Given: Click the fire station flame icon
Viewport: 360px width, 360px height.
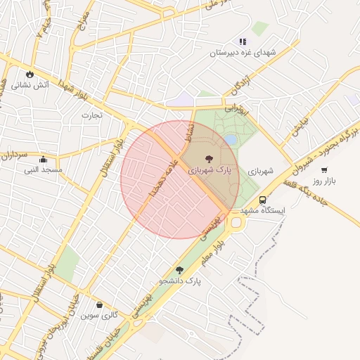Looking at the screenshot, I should [x=30, y=73].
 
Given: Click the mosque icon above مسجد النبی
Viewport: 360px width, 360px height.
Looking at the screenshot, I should [x=44, y=159].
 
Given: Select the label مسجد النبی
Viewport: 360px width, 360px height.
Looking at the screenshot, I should [x=44, y=170].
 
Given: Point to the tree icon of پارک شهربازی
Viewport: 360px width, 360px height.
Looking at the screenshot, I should [x=208, y=160].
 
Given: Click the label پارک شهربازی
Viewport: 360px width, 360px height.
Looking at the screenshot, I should [x=208, y=171].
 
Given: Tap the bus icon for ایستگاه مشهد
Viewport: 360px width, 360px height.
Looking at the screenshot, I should [x=262, y=199].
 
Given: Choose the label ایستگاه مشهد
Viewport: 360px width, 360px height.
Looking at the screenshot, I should [x=262, y=210].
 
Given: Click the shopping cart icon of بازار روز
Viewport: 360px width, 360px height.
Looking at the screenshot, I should [x=324, y=169].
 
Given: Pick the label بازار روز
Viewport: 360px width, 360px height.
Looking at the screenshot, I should [x=326, y=181].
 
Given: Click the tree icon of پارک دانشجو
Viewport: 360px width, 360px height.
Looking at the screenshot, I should [x=179, y=270].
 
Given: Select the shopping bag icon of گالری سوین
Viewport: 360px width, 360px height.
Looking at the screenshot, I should [x=98, y=304].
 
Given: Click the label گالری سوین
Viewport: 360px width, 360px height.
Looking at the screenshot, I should [x=98, y=316].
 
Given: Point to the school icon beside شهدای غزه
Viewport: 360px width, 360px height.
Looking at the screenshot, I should [x=243, y=41].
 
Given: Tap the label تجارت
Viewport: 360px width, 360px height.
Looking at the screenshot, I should [x=91, y=115].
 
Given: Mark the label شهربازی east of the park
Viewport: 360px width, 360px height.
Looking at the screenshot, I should [x=260, y=171].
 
